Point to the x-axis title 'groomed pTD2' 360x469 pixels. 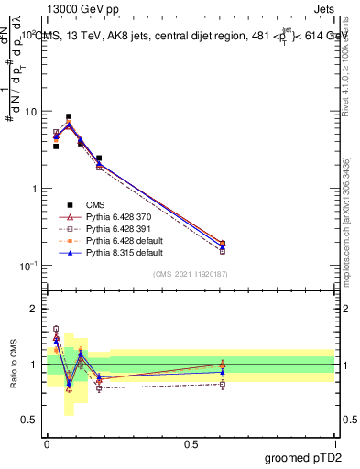[x=302, y=459]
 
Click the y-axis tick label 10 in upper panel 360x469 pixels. [x=29, y=112]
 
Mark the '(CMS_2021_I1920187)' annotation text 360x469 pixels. [x=191, y=274]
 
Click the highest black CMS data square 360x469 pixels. [x=69, y=117]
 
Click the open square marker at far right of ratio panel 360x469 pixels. [x=224, y=384]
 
